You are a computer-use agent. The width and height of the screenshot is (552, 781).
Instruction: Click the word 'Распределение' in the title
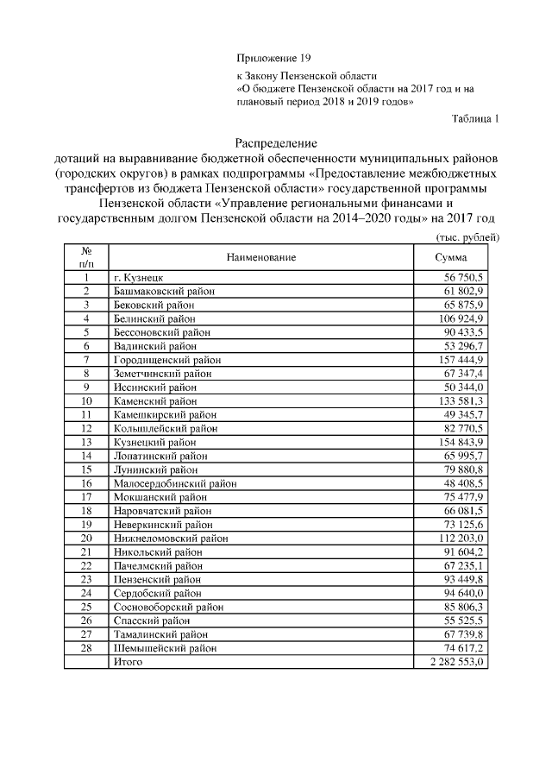coord(277,143)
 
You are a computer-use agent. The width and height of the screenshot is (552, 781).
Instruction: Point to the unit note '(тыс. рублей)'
coord(464,236)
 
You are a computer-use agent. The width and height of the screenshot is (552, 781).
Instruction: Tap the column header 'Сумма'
coord(453,257)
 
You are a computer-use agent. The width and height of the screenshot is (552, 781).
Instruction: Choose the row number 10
coord(86,401)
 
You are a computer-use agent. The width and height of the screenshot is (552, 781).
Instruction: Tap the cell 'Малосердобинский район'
coord(175,483)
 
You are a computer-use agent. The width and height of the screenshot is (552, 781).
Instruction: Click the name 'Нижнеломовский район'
coord(171,538)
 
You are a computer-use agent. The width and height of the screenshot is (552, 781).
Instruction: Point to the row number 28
coord(86,647)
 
